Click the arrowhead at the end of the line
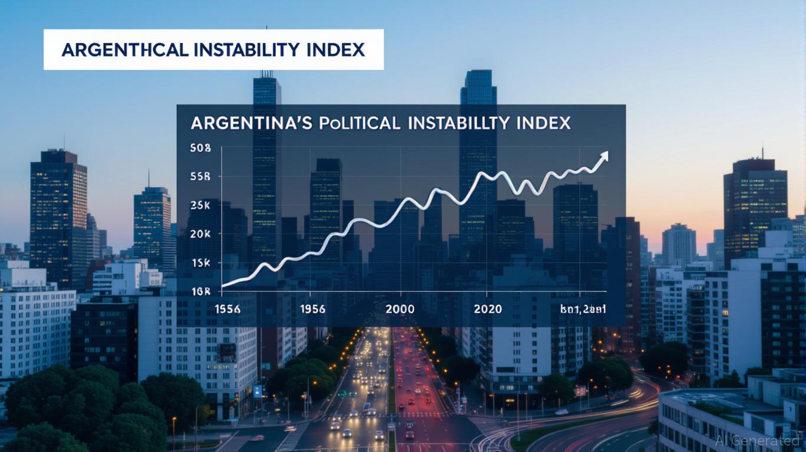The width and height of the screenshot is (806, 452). pyautogui.click(x=603, y=155)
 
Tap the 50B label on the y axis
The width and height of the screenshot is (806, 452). pyautogui.click(x=200, y=149)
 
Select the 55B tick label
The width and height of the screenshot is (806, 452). pyautogui.click(x=200, y=177)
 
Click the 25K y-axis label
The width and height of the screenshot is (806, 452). pyautogui.click(x=200, y=205)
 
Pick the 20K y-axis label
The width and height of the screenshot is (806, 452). pyautogui.click(x=200, y=234)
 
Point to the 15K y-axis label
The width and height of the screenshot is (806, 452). pyautogui.click(x=200, y=262)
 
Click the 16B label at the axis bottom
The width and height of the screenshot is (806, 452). pyautogui.click(x=200, y=290)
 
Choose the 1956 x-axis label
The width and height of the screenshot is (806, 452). pyautogui.click(x=312, y=309)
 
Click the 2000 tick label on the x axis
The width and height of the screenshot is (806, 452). pyautogui.click(x=399, y=309)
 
